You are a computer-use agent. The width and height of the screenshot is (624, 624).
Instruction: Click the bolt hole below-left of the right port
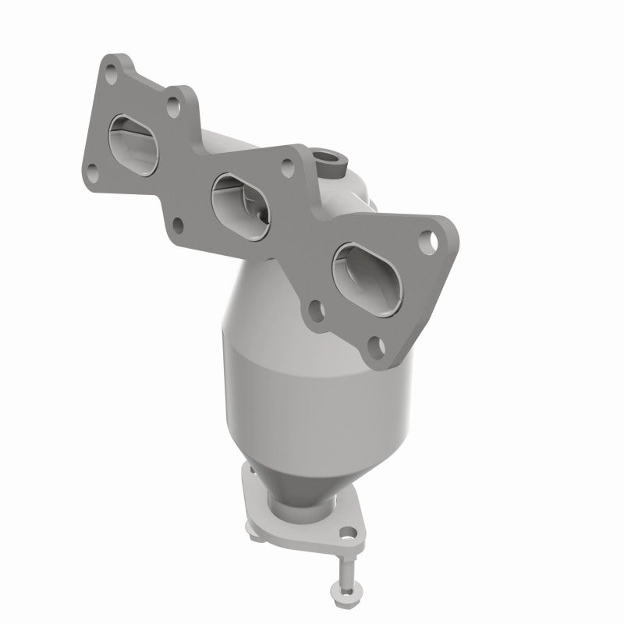tap(315, 309)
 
